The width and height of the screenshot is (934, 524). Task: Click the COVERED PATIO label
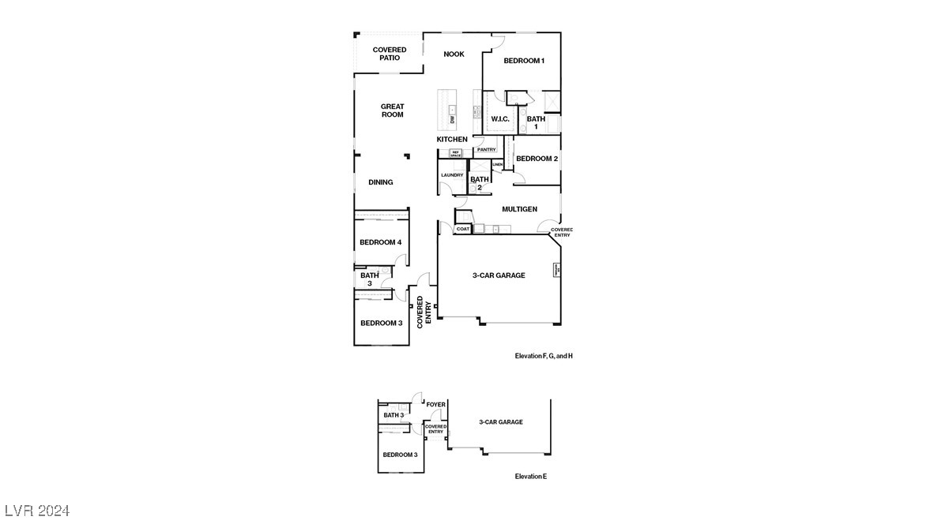390,54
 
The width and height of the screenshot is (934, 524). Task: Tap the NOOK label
454,54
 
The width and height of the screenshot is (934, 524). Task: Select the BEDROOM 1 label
524,61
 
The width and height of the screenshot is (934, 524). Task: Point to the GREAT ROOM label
393,110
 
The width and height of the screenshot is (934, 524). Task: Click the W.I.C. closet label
500,119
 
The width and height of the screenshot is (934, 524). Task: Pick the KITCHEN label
452,140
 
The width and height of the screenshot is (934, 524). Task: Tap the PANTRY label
486,150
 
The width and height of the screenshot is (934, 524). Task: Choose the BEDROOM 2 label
537,159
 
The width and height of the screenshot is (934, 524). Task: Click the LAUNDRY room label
452,175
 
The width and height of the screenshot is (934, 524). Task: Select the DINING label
381,182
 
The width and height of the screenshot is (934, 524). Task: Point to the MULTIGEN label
520,209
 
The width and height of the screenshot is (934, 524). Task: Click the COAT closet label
463,229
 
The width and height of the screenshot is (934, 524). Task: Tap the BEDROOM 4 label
381,242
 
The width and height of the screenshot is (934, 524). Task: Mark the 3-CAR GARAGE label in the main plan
499,275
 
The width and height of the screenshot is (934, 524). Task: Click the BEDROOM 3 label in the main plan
382,323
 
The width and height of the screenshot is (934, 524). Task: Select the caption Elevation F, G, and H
544,357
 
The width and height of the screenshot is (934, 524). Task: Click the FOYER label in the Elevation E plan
436,405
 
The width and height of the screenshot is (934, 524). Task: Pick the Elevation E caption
531,477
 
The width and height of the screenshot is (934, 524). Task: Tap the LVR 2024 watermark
36,510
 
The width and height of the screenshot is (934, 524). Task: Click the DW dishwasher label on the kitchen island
453,120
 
